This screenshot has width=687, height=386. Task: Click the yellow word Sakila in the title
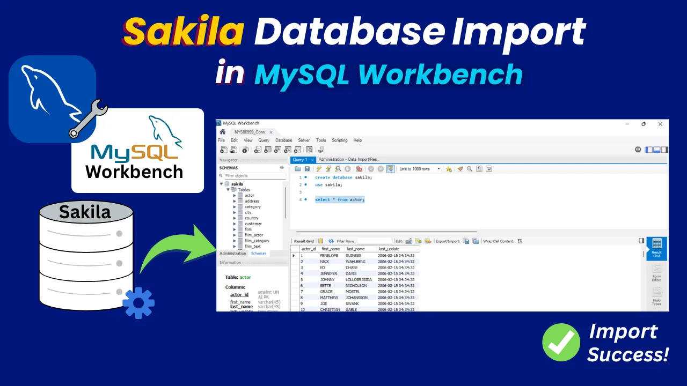pyautogui.click(x=183, y=31)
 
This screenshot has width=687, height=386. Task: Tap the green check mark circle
pyautogui.click(x=561, y=342)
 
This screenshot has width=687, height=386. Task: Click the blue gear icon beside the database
pyautogui.click(x=138, y=303)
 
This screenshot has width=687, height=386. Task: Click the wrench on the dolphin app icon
pyautogui.click(x=89, y=119)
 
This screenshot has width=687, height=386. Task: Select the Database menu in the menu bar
pyautogui.click(x=283, y=140)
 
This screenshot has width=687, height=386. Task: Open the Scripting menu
pyautogui.click(x=339, y=140)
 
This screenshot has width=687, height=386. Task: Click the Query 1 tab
pyautogui.click(x=300, y=160)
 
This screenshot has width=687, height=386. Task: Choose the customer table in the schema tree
pyautogui.click(x=253, y=224)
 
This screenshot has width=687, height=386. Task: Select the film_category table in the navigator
pyautogui.click(x=257, y=241)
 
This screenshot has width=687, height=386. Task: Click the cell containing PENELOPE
pyautogui.click(x=329, y=256)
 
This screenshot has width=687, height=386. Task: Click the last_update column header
pyautogui.click(x=389, y=249)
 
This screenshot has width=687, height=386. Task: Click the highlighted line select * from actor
pyautogui.click(x=339, y=199)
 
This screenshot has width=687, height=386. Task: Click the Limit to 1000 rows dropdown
pyautogui.click(x=419, y=169)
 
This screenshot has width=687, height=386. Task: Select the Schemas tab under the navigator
pyautogui.click(x=258, y=254)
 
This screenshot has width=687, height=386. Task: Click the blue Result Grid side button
pyautogui.click(x=656, y=249)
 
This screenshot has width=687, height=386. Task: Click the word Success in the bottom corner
pyautogui.click(x=628, y=354)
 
